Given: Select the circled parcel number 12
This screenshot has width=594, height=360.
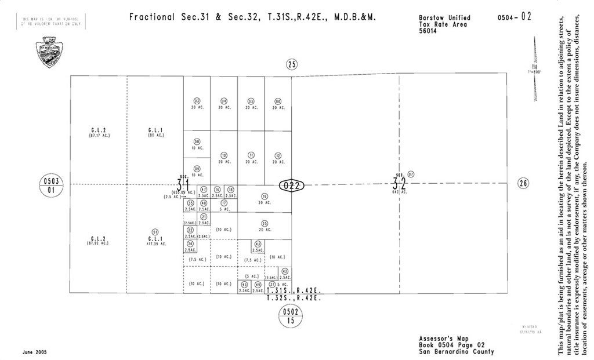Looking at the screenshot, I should [278, 155].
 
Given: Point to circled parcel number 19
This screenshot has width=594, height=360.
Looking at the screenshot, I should [264, 196].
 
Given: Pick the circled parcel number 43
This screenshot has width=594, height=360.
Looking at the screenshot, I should [258, 243].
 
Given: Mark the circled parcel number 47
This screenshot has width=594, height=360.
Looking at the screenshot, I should [204, 190].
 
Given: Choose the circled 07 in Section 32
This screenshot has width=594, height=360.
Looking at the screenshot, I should [411, 174].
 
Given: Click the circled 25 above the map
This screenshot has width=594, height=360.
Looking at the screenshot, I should [292, 64].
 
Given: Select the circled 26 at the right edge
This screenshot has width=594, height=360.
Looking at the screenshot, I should [524, 184].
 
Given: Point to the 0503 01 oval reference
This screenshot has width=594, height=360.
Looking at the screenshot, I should [50, 185].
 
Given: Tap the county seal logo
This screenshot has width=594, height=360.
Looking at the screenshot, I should [47, 52].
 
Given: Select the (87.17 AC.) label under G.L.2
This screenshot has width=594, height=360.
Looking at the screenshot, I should [99, 136].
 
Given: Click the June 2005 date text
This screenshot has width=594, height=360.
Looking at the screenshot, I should [35, 352].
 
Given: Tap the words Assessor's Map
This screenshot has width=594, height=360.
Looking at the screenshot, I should [439, 338].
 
